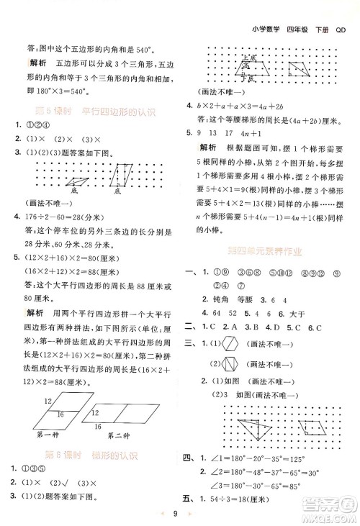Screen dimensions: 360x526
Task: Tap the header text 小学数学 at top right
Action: [267, 10]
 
